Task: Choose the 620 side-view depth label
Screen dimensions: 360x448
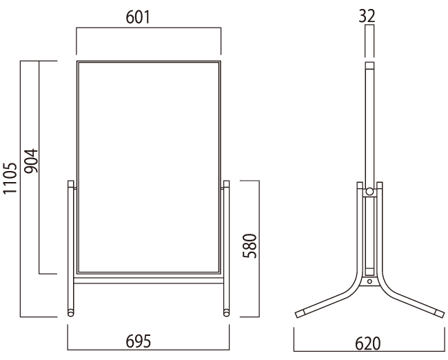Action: tap(369, 343)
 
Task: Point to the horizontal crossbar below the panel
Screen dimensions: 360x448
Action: tap(148, 281)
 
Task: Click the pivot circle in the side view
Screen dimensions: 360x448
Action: tap(369, 191)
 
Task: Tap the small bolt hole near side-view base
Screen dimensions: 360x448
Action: tap(369, 281)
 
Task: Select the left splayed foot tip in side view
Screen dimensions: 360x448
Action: tap(302, 312)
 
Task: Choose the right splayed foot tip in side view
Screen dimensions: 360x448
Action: tap(437, 312)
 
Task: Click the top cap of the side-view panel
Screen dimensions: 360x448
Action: tap(369, 67)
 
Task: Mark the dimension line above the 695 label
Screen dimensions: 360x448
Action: tap(148, 328)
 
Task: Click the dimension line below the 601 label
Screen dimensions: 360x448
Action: tap(148, 28)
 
